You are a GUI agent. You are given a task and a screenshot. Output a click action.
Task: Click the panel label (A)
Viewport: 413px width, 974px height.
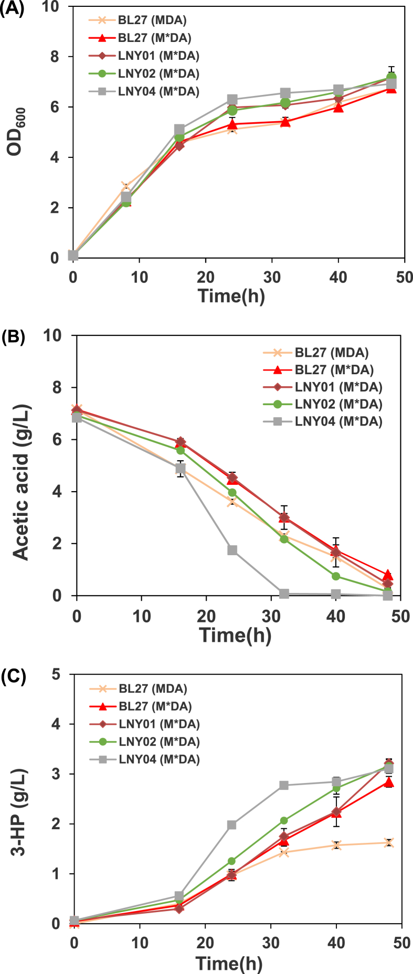click(x=12, y=9)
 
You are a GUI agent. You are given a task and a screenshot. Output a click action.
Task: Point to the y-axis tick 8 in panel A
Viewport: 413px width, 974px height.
click(x=54, y=57)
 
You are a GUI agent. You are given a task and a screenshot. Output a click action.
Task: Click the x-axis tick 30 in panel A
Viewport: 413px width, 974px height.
click(x=272, y=277)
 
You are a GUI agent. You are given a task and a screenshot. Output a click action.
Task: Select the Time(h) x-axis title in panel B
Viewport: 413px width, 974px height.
click(x=235, y=636)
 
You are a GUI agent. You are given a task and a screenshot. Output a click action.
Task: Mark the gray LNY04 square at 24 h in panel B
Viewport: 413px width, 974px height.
click(x=232, y=550)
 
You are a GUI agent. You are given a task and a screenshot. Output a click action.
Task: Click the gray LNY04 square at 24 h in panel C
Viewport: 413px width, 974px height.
click(x=231, y=825)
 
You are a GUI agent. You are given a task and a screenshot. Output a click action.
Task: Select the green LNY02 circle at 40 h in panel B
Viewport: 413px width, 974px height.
click(x=336, y=576)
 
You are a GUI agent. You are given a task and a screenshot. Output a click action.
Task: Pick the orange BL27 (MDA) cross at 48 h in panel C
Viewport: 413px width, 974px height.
click(x=388, y=843)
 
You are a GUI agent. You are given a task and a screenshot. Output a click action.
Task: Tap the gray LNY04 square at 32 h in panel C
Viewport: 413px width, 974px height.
click(x=284, y=785)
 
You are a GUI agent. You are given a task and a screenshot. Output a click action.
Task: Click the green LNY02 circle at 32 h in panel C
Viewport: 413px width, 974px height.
click(x=284, y=820)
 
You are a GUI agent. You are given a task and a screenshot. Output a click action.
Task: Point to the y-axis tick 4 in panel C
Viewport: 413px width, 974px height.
click(x=56, y=724)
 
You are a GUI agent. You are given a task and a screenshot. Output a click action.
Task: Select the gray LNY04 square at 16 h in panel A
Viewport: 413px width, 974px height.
click(x=179, y=129)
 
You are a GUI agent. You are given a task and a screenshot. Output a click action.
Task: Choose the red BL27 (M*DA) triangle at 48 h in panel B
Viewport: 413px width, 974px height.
click(x=388, y=575)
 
